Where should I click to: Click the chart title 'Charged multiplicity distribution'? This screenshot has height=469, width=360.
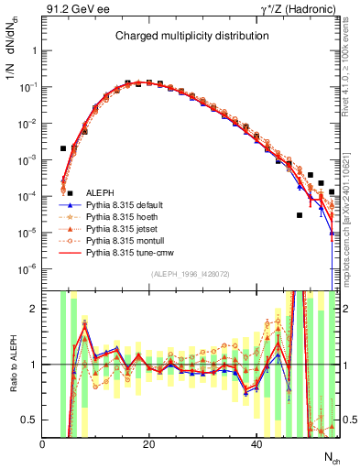tap(191, 36)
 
